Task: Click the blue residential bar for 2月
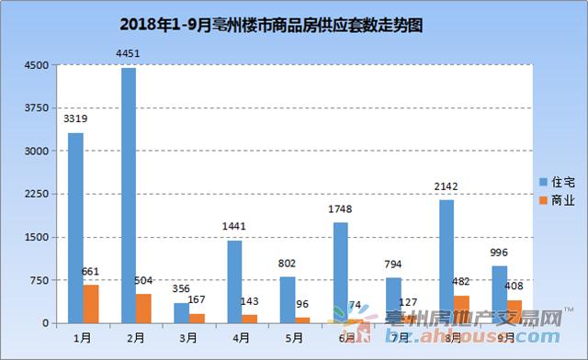(x=128, y=195)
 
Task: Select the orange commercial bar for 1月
(x=90, y=303)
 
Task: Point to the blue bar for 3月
(x=181, y=312)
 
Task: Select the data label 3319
(x=75, y=118)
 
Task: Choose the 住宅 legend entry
(x=556, y=182)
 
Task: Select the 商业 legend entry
(x=556, y=200)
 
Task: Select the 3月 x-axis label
(x=188, y=338)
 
